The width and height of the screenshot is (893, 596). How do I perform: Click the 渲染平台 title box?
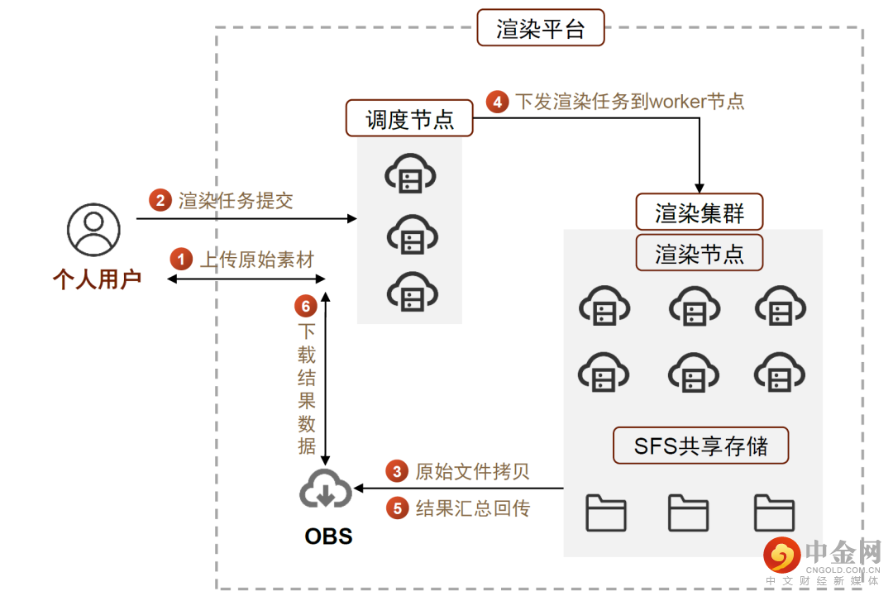point(541,28)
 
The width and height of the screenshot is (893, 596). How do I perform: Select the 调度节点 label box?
point(410,119)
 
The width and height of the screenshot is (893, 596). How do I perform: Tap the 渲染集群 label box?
point(700,212)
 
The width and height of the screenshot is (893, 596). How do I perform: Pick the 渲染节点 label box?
point(700,253)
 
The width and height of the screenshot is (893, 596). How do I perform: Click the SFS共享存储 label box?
point(700,446)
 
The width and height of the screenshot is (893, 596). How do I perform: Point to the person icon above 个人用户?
point(93,228)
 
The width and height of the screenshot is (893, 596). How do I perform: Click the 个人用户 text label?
point(97,279)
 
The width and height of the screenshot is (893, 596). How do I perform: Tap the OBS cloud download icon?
point(325,489)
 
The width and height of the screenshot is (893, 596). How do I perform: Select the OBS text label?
point(328,536)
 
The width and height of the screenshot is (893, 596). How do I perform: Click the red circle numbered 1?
point(180,259)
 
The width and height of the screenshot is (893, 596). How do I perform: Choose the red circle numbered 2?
point(160,200)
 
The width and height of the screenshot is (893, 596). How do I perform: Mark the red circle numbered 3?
point(398,471)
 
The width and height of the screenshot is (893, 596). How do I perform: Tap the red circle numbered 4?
point(497,102)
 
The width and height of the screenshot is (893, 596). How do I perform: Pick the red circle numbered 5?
point(398,508)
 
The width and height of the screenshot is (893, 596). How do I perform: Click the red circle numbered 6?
point(306,307)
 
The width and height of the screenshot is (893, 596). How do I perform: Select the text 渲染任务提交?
point(236,200)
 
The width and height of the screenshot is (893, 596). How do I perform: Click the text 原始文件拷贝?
point(472,471)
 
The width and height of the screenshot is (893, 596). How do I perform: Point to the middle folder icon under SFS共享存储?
point(688,513)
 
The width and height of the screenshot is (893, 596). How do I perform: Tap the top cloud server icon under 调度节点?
point(410,175)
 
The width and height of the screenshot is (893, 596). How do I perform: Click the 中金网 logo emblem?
point(781,555)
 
